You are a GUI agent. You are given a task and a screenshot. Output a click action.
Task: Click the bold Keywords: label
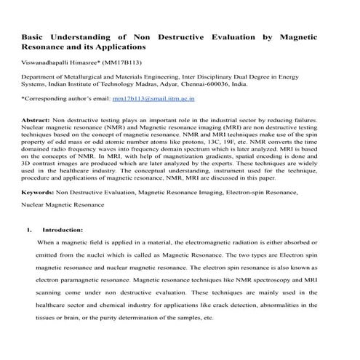(x=38, y=193)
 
